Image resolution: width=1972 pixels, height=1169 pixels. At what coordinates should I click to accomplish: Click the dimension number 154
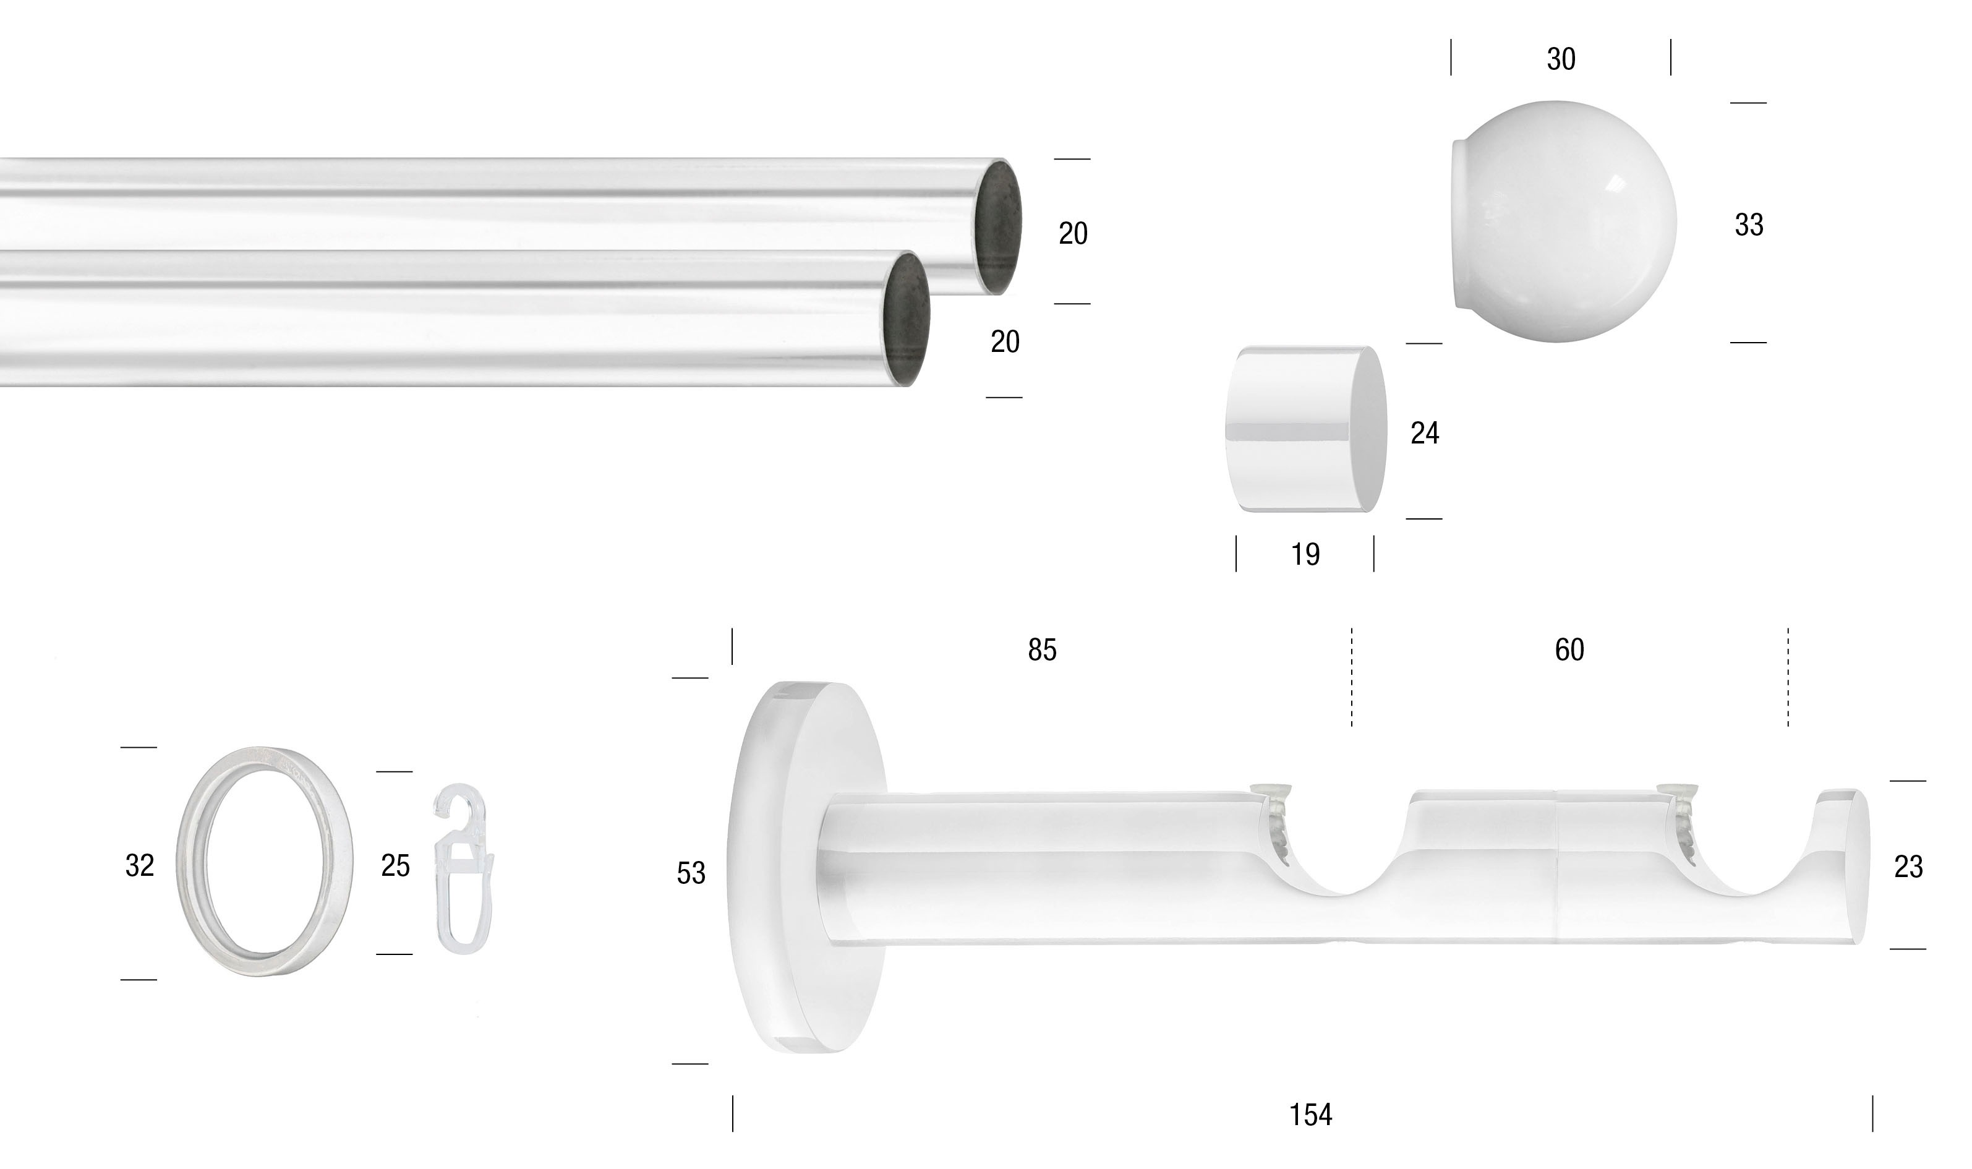(x=1310, y=1115)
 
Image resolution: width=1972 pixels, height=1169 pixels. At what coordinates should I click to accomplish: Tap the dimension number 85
(x=1041, y=650)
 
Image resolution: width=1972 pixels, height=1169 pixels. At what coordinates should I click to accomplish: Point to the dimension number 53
(x=691, y=873)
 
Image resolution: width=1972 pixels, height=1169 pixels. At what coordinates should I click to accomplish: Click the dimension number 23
(x=1908, y=867)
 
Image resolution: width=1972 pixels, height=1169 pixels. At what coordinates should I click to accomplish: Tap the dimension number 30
(x=1560, y=59)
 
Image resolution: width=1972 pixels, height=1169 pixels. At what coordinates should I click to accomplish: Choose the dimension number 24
(x=1424, y=433)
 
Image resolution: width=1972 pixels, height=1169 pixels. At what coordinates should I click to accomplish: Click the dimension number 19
(x=1305, y=555)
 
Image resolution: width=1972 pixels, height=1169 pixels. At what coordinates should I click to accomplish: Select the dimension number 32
(x=139, y=866)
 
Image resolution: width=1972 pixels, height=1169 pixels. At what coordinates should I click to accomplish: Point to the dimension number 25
(x=395, y=867)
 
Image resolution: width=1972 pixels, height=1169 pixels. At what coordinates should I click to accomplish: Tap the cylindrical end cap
(x=1304, y=429)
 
